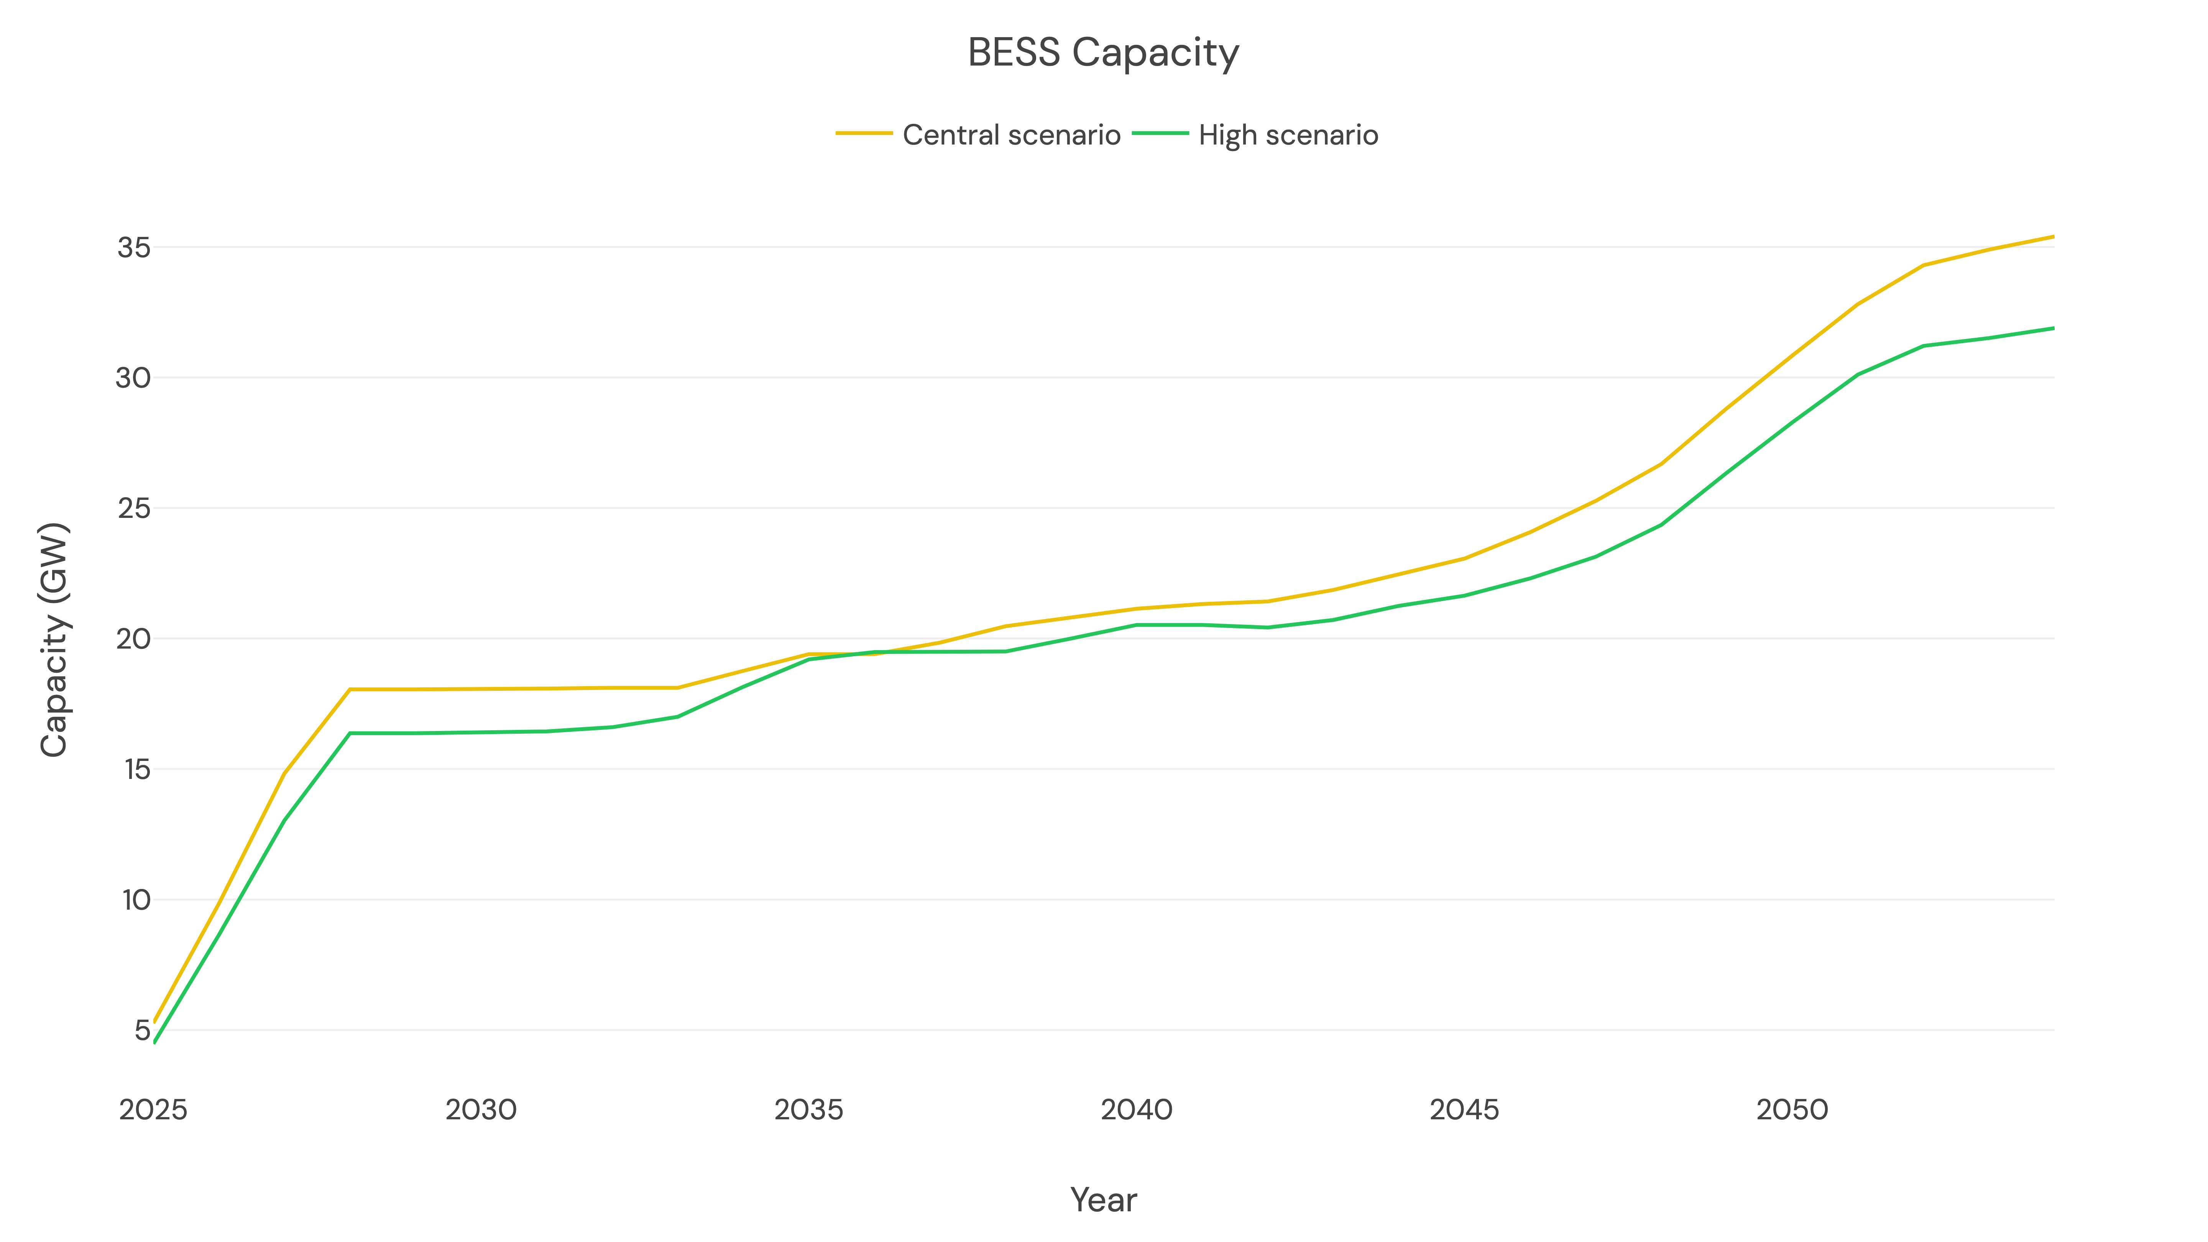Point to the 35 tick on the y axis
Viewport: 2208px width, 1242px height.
coord(134,248)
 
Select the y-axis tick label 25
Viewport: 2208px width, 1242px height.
coord(134,508)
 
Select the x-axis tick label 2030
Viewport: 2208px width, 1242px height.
coord(481,1110)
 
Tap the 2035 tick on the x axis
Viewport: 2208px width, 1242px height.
coord(808,1110)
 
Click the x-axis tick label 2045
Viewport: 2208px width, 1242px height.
coord(1464,1110)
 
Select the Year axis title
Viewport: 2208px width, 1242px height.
coord(1103,1200)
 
